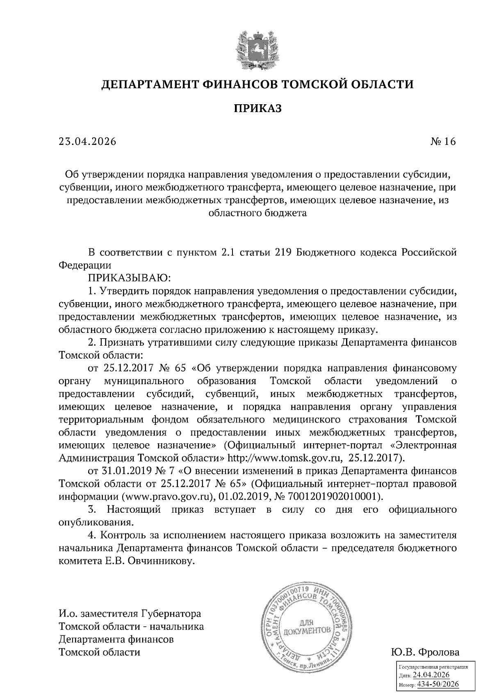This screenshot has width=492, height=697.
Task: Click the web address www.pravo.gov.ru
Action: pos(169,496)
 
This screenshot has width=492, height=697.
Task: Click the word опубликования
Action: pos(97,523)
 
